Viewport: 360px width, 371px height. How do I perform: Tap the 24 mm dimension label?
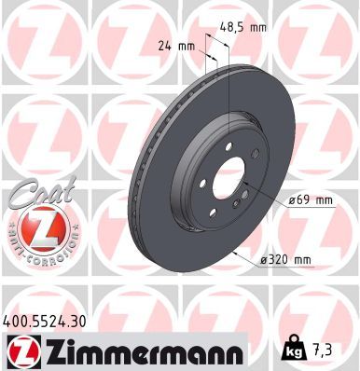180,45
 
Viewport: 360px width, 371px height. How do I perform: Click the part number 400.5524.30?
51,320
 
